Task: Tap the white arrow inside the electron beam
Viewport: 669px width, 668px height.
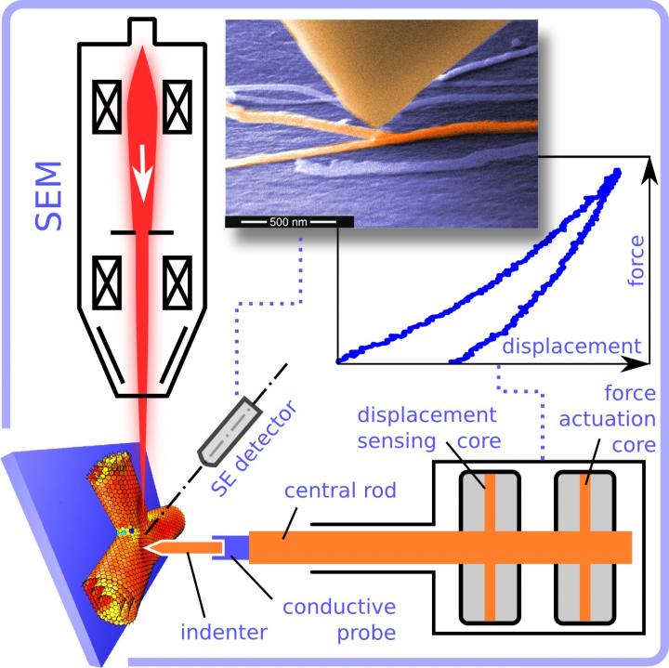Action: tap(143, 173)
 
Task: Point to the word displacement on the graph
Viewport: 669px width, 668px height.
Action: tap(571, 347)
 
